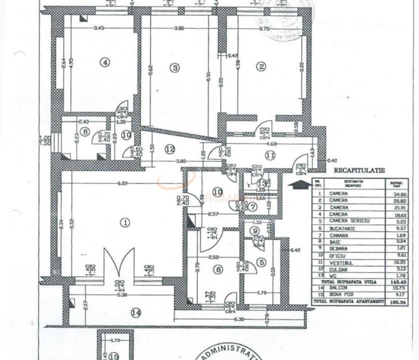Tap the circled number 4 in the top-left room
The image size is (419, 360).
coord(104,62)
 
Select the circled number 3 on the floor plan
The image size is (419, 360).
coord(174,67)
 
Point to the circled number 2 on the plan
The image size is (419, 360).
coord(261,67)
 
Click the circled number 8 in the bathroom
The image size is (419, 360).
coord(85,132)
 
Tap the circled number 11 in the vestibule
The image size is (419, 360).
coord(270,155)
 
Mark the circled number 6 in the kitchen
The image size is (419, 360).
coord(217,269)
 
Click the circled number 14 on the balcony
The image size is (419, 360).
coord(135,312)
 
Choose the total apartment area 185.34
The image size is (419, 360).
coord(393,302)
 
